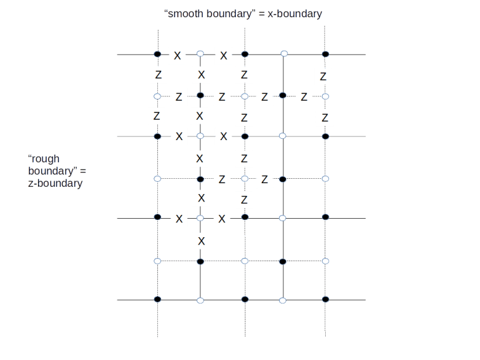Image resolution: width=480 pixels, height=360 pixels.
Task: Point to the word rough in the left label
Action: (x=44, y=159)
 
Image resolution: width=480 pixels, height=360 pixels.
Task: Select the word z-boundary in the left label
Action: (x=55, y=183)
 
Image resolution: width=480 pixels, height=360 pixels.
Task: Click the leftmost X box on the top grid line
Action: (x=177, y=55)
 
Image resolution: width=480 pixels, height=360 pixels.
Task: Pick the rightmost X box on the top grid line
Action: (x=223, y=55)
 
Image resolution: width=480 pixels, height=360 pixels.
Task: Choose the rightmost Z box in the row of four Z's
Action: (x=304, y=96)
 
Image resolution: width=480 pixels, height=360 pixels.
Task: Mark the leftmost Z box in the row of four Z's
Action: (x=179, y=96)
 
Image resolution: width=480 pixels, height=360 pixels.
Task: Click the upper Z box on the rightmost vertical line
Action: (x=323, y=76)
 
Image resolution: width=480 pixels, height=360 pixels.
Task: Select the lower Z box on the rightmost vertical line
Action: (x=325, y=117)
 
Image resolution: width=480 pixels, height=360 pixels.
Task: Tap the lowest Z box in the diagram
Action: (x=244, y=200)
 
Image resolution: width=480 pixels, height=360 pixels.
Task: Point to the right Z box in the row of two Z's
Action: (x=264, y=179)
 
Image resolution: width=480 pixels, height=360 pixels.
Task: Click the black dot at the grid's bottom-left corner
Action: (x=157, y=300)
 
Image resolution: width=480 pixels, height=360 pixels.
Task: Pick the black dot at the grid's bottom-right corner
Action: (x=326, y=300)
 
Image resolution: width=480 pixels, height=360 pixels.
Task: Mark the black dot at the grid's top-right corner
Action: (x=326, y=55)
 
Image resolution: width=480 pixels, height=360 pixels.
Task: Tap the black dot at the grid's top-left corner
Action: (x=157, y=55)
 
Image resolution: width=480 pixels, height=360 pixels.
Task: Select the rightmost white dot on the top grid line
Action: (x=284, y=54)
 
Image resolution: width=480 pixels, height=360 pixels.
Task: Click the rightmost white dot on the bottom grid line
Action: (x=282, y=300)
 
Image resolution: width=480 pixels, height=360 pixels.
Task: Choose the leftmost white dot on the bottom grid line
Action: (x=200, y=300)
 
